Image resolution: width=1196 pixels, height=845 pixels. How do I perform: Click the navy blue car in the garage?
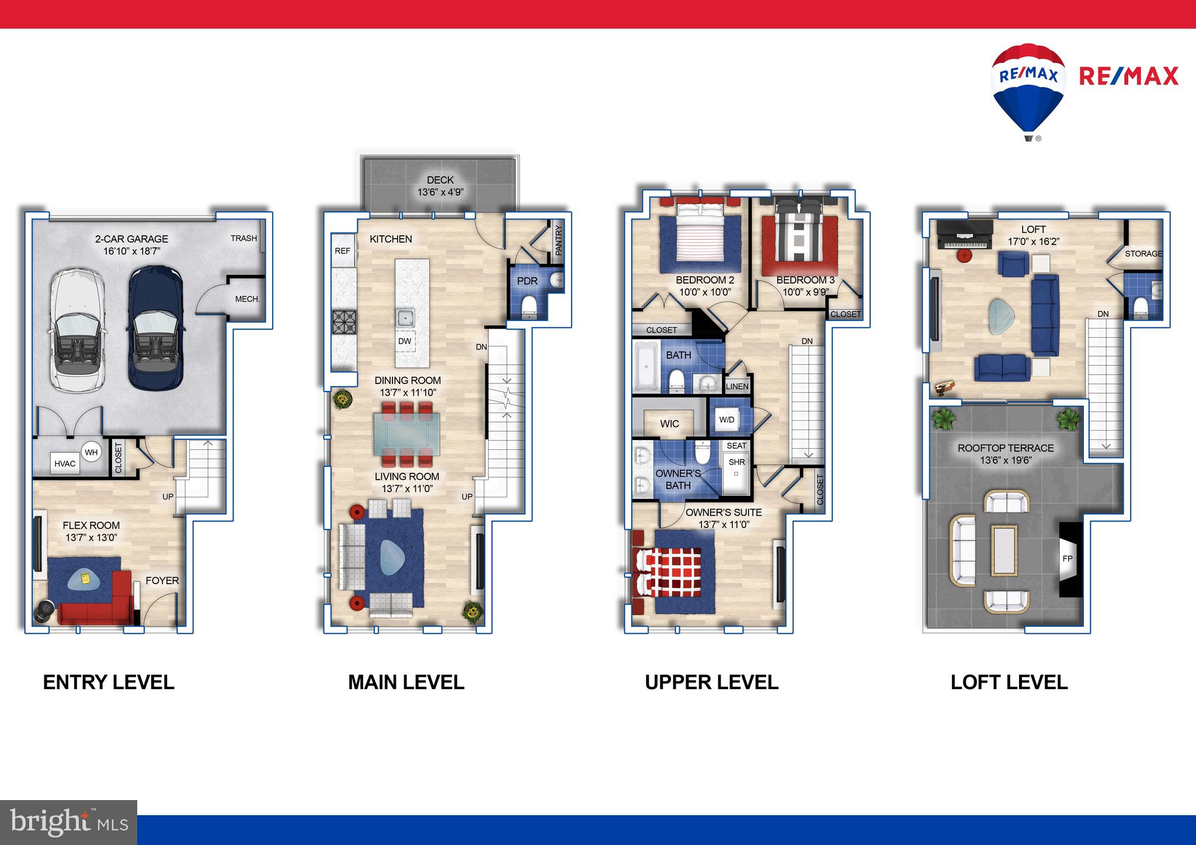[154, 328]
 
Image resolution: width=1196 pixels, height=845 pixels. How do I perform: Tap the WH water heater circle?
[91, 452]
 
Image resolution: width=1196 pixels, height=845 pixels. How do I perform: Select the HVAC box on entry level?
[65, 464]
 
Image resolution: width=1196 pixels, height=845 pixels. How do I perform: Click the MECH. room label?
[247, 299]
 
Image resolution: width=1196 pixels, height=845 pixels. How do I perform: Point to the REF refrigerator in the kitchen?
[343, 251]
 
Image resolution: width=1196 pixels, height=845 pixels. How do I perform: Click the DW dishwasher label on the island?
[405, 341]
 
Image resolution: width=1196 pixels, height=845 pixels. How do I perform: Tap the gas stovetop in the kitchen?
[343, 322]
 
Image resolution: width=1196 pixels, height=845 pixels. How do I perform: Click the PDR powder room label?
[527, 281]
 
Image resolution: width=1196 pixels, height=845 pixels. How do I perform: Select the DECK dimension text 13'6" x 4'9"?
[440, 192]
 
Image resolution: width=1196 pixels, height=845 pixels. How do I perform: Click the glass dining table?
[407, 434]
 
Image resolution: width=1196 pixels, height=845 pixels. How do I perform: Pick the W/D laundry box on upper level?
[726, 420]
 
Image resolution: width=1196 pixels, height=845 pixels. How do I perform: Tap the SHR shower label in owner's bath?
[736, 462]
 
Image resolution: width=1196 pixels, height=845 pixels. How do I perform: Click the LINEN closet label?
[737, 386]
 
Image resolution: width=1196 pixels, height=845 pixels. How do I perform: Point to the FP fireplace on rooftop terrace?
[1068, 558]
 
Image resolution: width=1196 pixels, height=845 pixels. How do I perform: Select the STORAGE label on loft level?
[1143, 254]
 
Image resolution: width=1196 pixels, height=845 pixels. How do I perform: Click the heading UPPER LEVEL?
[711, 682]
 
